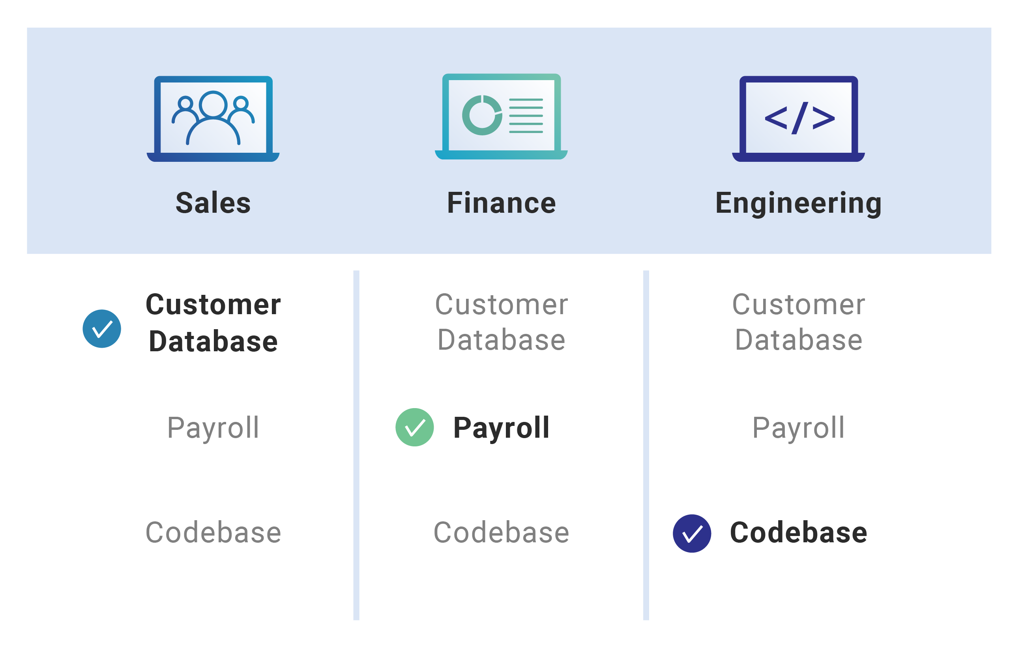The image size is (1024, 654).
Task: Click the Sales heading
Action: (213, 203)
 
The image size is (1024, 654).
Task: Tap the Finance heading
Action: (502, 203)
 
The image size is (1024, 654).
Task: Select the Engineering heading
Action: (799, 204)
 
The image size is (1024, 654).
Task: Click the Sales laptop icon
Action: (213, 119)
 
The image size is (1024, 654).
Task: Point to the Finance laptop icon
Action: (502, 116)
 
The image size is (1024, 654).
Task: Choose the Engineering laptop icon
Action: (799, 119)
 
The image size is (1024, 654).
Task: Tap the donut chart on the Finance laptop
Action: (482, 115)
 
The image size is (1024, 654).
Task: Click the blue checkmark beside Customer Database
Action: (102, 329)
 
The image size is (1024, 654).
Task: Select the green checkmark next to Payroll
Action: (415, 427)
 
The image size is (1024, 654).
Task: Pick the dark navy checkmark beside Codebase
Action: (692, 534)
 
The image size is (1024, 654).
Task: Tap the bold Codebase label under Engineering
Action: (799, 533)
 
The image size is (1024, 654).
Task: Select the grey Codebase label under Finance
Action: (502, 533)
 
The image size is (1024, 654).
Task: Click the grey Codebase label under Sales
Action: (213, 533)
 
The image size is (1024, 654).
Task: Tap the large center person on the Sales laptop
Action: (213, 118)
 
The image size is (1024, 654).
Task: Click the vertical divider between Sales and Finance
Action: (356, 445)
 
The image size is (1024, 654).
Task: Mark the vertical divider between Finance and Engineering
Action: (646, 445)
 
